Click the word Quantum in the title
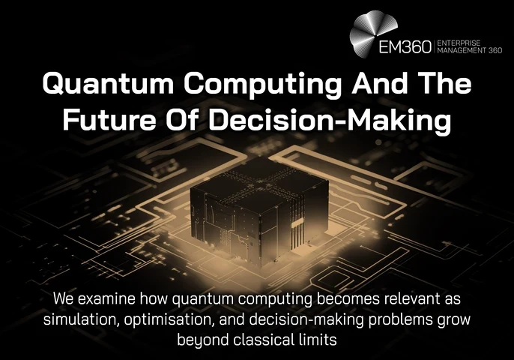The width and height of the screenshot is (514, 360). coord(108,83)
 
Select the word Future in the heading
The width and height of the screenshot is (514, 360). coord(109,119)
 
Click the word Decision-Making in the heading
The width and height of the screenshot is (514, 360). coord(330,121)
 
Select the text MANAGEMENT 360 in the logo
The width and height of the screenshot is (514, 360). coord(469,50)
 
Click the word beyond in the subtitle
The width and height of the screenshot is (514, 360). coord(202,340)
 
